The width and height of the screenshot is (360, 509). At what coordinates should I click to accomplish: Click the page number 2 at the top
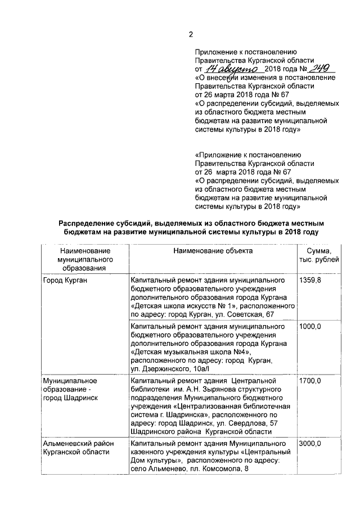pos(190,34)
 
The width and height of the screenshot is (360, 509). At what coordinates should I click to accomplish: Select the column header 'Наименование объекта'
pos(213,251)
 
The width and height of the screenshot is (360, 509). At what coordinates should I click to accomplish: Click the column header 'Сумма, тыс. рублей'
pos(318,255)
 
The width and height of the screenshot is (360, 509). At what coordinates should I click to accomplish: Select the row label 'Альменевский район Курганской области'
pos(72,448)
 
